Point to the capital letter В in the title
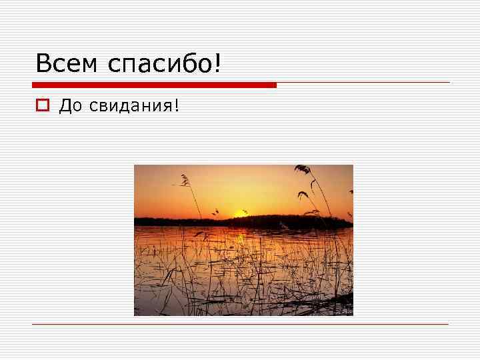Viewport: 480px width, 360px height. pos(44,64)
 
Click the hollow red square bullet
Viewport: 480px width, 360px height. pos(41,105)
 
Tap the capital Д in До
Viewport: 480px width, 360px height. pos(65,105)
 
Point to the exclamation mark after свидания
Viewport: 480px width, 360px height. pos(177,105)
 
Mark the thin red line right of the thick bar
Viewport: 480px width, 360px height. pos(363,83)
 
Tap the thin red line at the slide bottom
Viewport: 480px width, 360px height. pos(240,325)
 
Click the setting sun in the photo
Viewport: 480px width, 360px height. pos(240,213)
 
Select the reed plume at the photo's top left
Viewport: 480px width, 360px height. pos(185,179)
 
